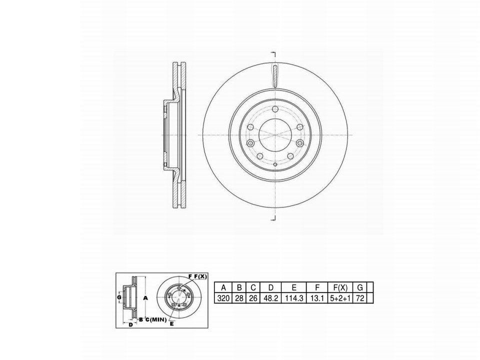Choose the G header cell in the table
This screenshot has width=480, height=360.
tap(359, 287)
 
